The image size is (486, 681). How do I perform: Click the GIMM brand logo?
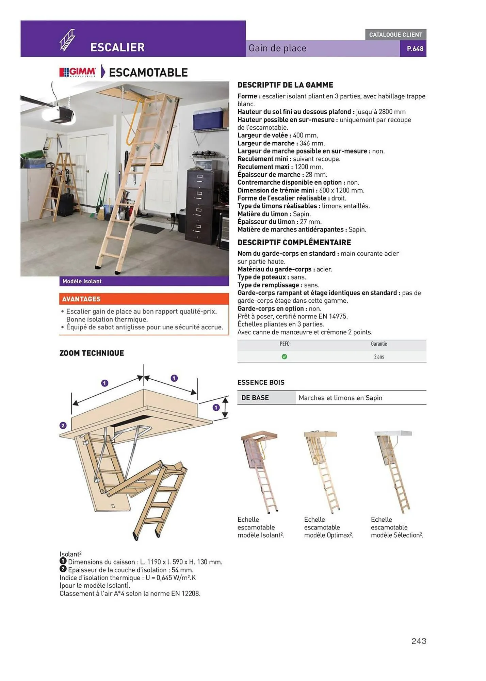[x=78, y=72]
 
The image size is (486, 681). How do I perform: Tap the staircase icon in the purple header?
[x=67, y=40]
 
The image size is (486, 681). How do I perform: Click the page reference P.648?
[x=415, y=49]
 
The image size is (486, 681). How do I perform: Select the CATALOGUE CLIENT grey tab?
[x=395, y=35]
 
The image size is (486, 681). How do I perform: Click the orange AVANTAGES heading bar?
[x=144, y=299]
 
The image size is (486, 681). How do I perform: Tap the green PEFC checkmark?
[x=284, y=357]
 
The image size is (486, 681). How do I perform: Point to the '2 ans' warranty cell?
[x=379, y=357]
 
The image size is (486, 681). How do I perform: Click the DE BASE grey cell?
[x=266, y=398]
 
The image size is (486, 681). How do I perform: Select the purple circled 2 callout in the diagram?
[x=63, y=425]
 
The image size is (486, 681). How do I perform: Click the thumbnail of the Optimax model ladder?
[x=322, y=472]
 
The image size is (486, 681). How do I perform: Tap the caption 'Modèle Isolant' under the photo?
[x=82, y=281]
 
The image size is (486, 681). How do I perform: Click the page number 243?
[x=419, y=641]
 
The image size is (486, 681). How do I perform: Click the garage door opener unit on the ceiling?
[x=59, y=114]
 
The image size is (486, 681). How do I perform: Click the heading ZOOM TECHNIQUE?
[x=92, y=353]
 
